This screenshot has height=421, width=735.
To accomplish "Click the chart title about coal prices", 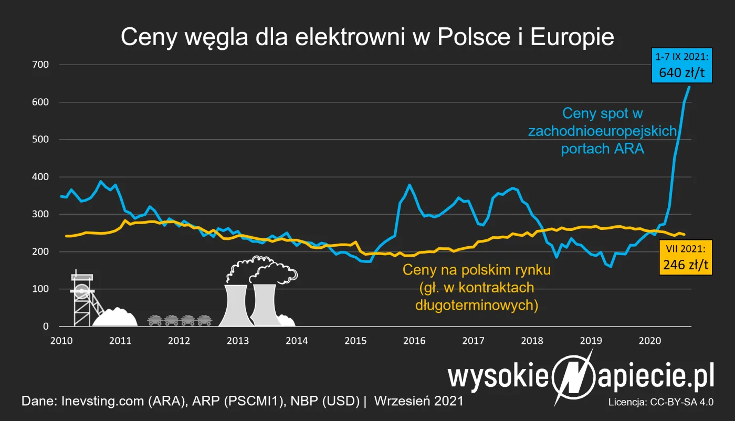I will point(367,38).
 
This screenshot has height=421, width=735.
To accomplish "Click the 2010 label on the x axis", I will point(61,340).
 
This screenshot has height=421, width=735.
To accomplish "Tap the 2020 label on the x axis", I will point(649,340).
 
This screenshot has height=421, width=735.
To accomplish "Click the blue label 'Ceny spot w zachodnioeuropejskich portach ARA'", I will point(603,131).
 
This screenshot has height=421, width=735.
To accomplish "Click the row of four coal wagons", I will point(179,320).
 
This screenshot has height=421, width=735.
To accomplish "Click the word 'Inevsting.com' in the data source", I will point(92,401).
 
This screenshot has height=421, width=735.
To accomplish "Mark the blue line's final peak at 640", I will point(689,87).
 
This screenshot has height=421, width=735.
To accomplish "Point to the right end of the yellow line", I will point(684,235).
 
